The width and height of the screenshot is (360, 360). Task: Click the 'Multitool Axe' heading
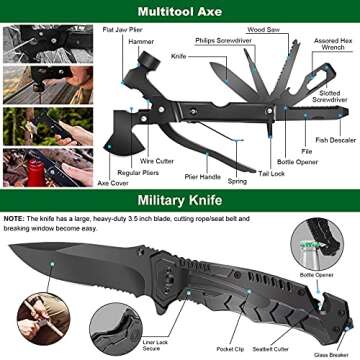click(x=179, y=13)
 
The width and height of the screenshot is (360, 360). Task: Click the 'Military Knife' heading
click(x=180, y=199)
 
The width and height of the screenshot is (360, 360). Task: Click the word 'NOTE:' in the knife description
click(x=15, y=218)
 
